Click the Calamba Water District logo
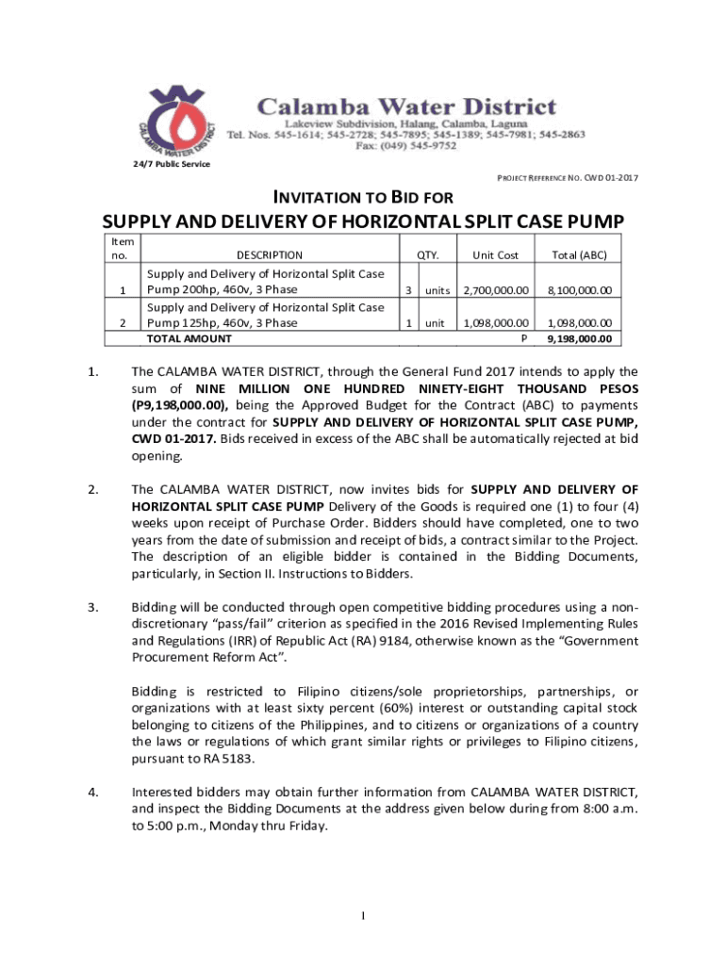pos(178,123)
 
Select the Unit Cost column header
pos(496,254)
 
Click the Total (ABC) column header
pos(579,254)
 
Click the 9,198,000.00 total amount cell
pos(579,339)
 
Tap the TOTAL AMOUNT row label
pos(188,338)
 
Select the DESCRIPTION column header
pos(270,254)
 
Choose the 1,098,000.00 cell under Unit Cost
pos(496,323)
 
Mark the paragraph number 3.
pos(91,607)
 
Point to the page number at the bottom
pos(363,915)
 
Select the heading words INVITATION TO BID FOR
pos(363,198)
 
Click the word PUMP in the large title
pos(590,222)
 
